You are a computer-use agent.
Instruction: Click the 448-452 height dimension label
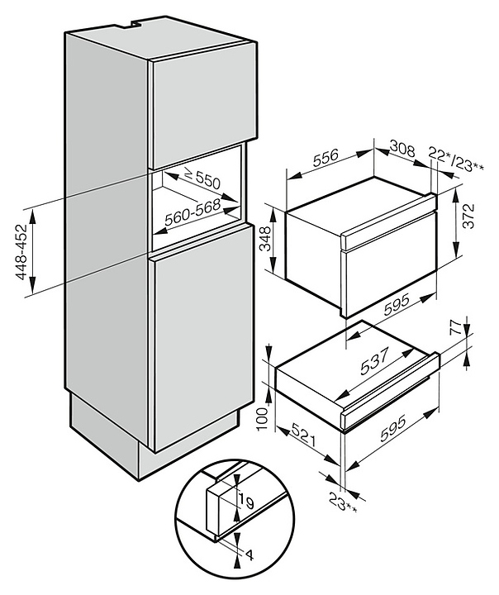coord(22,251)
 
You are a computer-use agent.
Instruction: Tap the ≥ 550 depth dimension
coord(202,178)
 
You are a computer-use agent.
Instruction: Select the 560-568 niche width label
coord(192,212)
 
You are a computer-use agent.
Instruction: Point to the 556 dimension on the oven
coord(326,159)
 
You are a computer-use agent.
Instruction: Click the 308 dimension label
coord(402,149)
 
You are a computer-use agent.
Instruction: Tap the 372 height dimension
coord(469,216)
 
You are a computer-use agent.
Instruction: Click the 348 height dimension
coord(266,239)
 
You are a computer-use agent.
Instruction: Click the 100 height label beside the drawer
coord(263,418)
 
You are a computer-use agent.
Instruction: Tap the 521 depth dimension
coord(303,436)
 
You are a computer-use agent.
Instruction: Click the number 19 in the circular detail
coord(247,502)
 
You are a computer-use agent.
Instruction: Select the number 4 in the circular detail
coord(249,556)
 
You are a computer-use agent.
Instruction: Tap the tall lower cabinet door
coord(203,338)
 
